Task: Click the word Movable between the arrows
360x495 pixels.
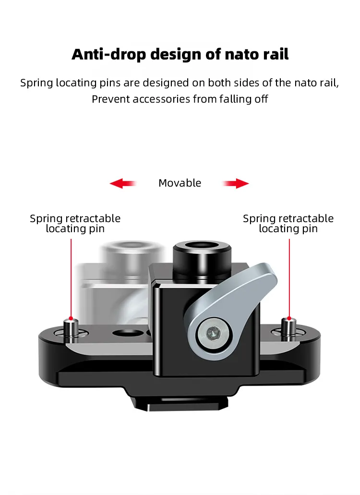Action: click(180, 183)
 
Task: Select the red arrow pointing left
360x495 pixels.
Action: click(122, 183)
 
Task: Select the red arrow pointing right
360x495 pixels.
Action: click(236, 183)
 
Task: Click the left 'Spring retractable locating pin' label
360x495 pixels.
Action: click(75, 224)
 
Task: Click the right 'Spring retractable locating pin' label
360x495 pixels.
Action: click(288, 224)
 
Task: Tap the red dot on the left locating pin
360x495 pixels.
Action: click(71, 318)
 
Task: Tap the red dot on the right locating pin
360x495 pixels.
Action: click(289, 318)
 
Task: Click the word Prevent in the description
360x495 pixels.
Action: click(110, 99)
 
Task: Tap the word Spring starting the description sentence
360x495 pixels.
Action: click(36, 82)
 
